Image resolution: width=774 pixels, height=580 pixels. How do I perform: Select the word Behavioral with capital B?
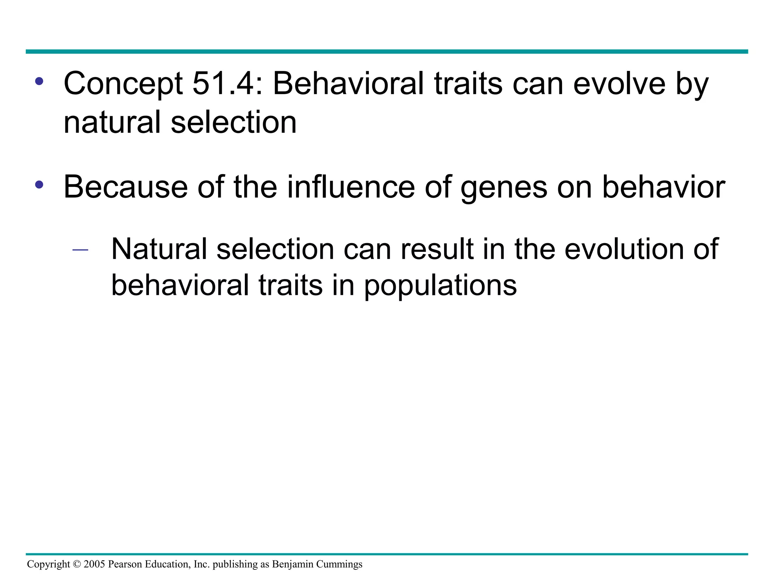pyautogui.click(x=348, y=83)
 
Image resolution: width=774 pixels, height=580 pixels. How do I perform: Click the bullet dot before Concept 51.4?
pyautogui.click(x=39, y=81)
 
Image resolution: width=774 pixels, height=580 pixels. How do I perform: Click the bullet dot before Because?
pyautogui.click(x=39, y=185)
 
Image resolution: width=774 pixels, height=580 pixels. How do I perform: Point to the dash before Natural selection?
pyautogui.click(x=80, y=250)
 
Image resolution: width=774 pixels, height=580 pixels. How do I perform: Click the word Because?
pyautogui.click(x=125, y=187)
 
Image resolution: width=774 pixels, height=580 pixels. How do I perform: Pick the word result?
pyautogui.click(x=437, y=249)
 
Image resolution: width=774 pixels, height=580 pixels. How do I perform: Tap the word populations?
pyautogui.click(x=440, y=285)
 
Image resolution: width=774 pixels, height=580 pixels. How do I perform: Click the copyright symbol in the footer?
pyautogui.click(x=77, y=564)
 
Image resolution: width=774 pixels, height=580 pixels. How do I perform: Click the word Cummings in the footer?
pyautogui.click(x=339, y=564)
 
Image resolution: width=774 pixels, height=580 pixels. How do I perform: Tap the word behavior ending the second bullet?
pyautogui.click(x=663, y=187)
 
